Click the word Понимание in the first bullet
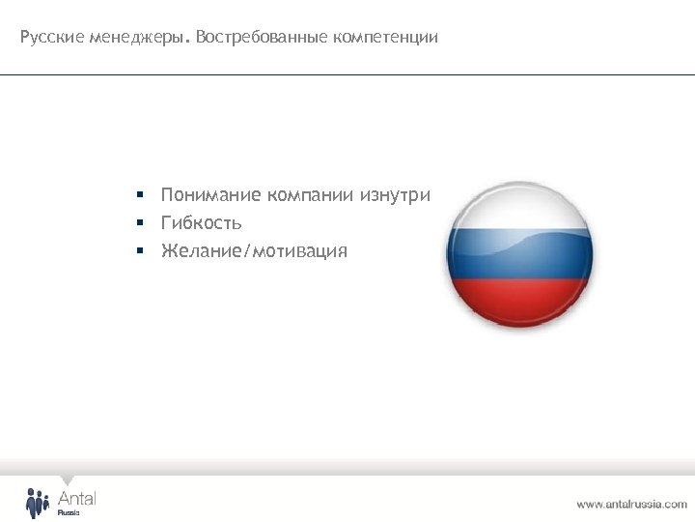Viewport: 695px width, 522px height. pos(211,195)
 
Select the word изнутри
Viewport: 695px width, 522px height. pos(396,195)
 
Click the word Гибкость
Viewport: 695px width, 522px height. pos(202,223)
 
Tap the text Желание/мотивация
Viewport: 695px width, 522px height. pos(254,251)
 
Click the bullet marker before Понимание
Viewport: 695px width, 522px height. pos(139,195)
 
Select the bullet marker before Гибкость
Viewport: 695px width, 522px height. pos(139,223)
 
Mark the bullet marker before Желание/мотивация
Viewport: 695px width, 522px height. pos(139,251)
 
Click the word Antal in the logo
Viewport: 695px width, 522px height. pos(77,497)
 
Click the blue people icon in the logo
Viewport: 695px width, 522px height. pos(37,503)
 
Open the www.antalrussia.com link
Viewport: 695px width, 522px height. pos(631,504)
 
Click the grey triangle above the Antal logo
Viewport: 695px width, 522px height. pos(67,480)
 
